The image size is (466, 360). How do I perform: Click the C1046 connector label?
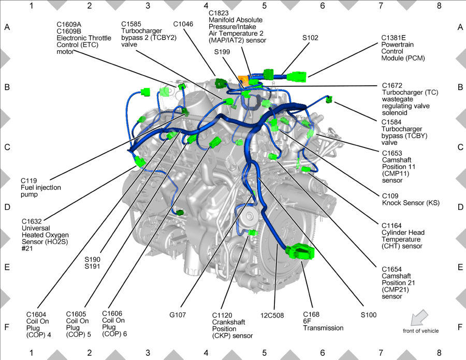183,24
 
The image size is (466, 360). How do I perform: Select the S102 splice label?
310,38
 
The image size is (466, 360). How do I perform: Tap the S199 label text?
222,52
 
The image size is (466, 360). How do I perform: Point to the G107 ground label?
178,314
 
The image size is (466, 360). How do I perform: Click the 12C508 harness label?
272,315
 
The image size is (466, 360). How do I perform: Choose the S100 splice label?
369,315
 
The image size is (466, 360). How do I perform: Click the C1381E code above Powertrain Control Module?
394,38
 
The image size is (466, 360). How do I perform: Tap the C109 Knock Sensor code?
390,196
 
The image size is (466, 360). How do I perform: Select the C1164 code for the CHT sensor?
391,226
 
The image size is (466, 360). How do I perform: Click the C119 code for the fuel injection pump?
29,181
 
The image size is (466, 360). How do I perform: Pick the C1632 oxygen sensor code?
32,221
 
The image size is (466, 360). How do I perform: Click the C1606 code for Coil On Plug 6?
112,313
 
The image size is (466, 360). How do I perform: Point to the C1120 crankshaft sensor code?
222,316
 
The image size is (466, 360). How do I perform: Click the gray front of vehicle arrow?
419,318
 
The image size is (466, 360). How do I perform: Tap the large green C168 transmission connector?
300,252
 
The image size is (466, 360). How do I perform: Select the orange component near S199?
243,81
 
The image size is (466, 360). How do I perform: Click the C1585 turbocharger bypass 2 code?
131,24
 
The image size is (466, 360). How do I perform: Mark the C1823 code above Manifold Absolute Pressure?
219,13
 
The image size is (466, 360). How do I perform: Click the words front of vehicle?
420,331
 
